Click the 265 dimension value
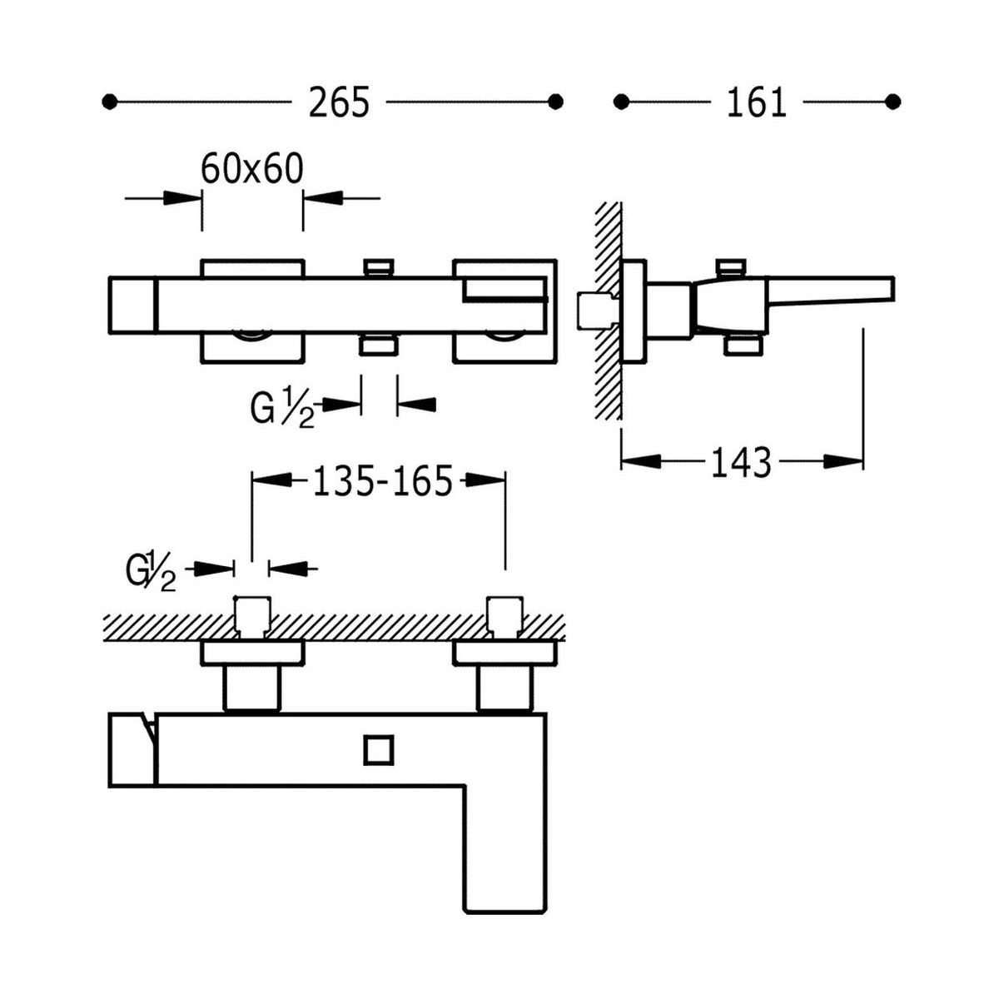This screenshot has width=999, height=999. pyautogui.click(x=339, y=102)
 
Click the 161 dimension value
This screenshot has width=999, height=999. pyautogui.click(x=756, y=102)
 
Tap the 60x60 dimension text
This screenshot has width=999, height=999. pyautogui.click(x=251, y=169)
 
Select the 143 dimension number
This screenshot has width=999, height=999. pyautogui.click(x=741, y=462)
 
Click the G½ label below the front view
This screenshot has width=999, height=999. pyautogui.click(x=283, y=407)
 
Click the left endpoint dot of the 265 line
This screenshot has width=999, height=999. pyautogui.click(x=107, y=102)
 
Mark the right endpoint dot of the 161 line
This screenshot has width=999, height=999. pyautogui.click(x=893, y=102)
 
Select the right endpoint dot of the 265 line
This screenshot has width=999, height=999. pyautogui.click(x=556, y=102)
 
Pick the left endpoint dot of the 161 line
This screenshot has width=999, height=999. pyautogui.click(x=620, y=102)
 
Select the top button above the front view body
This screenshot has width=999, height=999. pyautogui.click(x=379, y=266)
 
